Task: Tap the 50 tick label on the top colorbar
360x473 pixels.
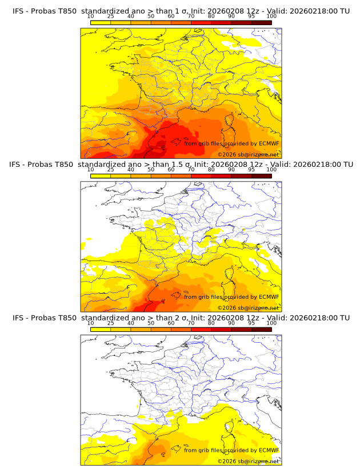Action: (151, 17)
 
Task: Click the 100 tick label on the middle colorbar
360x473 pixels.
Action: (271, 170)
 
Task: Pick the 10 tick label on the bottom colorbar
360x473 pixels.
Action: (91, 323)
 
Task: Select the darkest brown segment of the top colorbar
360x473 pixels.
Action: (262, 22)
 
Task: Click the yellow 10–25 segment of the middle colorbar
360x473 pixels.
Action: (101, 176)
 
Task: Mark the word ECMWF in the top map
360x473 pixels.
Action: (269, 143)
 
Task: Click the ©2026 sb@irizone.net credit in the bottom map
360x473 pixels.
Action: (249, 461)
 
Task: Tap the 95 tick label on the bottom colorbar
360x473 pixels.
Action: (251, 323)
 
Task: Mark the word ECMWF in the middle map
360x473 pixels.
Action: (269, 297)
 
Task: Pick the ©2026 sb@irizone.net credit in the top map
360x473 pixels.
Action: (249, 154)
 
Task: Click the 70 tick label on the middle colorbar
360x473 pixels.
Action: (191, 170)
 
